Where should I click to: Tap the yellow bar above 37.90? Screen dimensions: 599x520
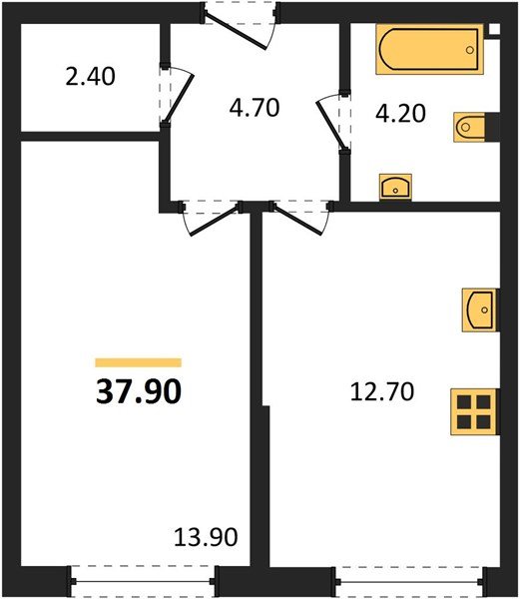(138, 363)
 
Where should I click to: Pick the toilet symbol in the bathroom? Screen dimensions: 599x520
(470, 128)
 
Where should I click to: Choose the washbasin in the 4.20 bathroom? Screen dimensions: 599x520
(397, 186)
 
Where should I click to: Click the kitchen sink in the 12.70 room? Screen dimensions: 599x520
(478, 309)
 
